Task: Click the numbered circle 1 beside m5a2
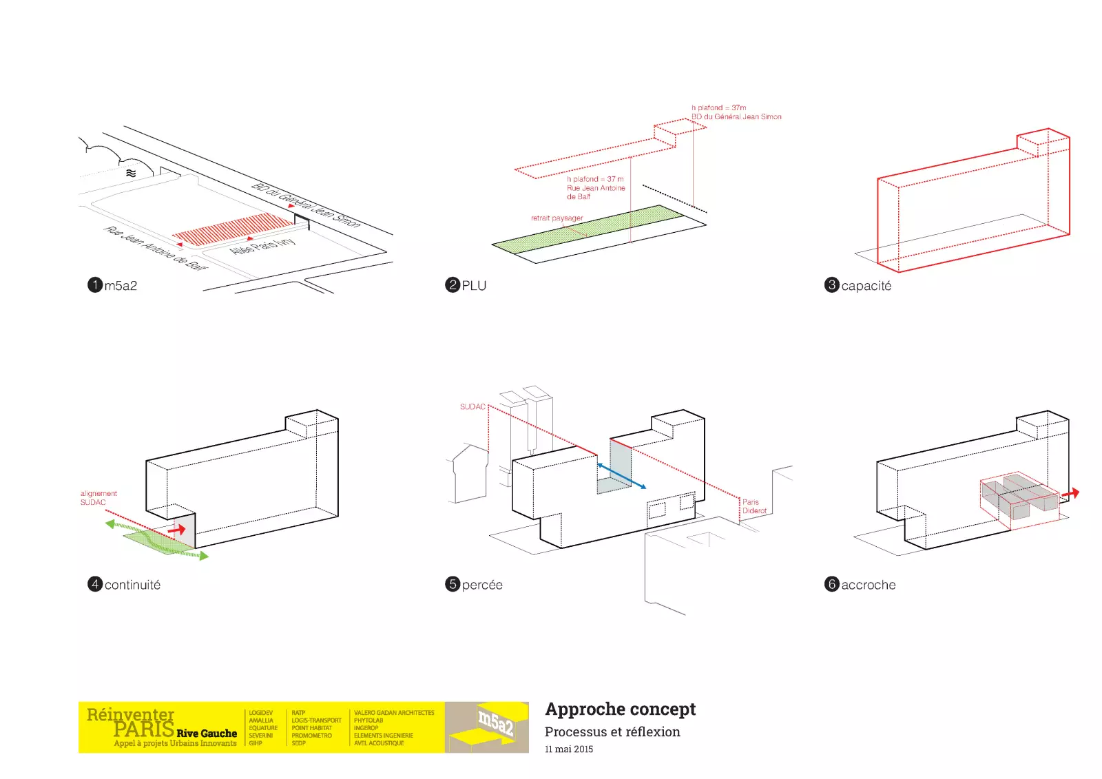point(95,285)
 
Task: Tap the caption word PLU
point(474,286)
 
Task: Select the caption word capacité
point(866,286)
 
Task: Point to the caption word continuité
point(132,585)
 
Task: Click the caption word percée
point(482,585)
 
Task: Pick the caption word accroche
point(868,585)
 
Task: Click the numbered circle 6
point(832,584)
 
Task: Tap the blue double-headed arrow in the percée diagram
point(621,476)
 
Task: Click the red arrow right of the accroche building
point(1071,494)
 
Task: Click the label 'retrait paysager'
point(557,218)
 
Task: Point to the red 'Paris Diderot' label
point(754,506)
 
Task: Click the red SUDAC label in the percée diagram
point(472,407)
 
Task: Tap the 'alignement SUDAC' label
point(98,498)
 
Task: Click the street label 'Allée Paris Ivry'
point(262,246)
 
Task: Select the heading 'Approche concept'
point(620,709)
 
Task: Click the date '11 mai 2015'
point(568,749)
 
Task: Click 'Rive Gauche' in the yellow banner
point(207,734)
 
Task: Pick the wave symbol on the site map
point(131,173)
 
